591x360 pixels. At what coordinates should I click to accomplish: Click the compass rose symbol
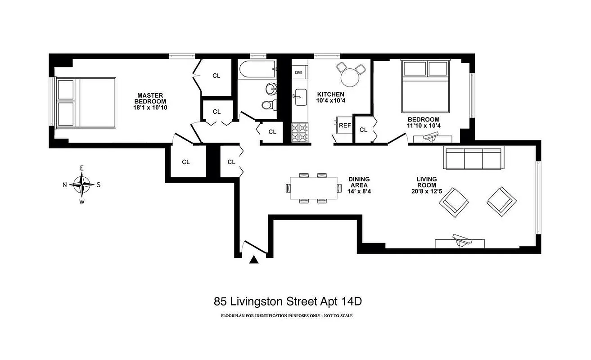[x=81, y=184]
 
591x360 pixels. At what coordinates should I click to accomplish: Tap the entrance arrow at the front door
[x=254, y=259]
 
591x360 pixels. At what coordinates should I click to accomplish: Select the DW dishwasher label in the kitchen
[x=299, y=72]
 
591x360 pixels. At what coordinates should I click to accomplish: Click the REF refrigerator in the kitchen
[x=344, y=126]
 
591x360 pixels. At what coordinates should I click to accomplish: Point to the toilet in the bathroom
[x=268, y=105]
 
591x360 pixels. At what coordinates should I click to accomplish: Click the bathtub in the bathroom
[x=257, y=69]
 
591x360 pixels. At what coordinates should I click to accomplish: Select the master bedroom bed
[x=86, y=102]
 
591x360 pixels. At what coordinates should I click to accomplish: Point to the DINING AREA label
[x=359, y=182]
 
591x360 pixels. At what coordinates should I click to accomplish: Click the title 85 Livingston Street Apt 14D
[x=288, y=301]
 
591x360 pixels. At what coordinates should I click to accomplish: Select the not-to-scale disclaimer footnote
[x=287, y=316]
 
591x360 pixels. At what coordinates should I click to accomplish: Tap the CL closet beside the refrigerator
[x=363, y=130]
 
